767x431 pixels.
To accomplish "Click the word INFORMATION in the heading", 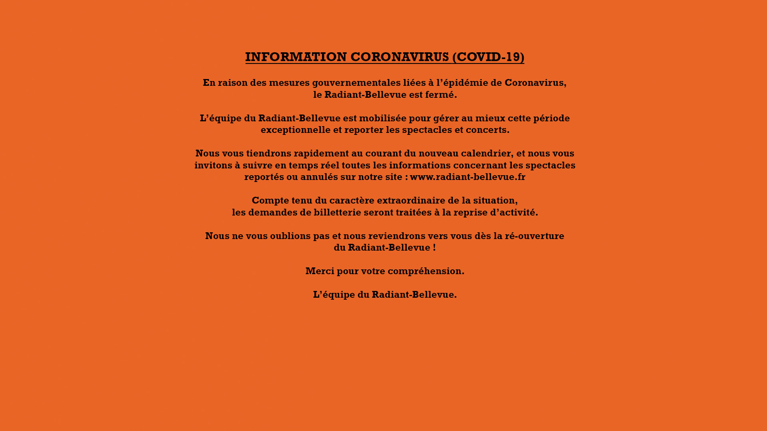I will (296, 57).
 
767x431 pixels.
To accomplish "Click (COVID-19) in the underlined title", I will (488, 57).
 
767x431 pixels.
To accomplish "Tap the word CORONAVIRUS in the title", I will (399, 57).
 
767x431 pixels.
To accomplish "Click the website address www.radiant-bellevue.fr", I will (468, 177).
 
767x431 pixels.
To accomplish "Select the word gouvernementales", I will (356, 83).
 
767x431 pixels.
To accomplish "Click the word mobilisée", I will (382, 119).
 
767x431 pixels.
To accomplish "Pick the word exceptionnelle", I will (296, 130).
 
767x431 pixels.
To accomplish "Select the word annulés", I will (319, 177).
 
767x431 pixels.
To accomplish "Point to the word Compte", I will (270, 201).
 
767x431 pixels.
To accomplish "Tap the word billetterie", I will (337, 213).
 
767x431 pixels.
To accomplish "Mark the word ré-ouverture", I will (534, 236).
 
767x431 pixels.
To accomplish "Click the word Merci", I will (320, 271).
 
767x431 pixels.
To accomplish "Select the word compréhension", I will (426, 271).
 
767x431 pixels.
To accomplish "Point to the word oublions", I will (290, 236).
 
